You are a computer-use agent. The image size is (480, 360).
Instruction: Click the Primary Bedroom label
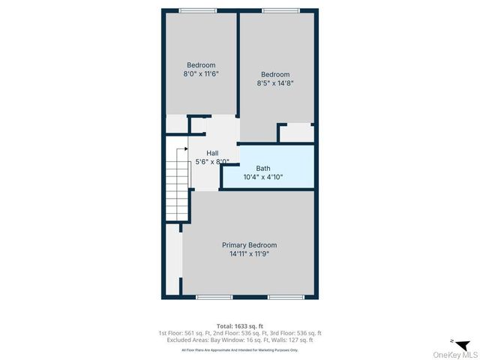tap(249, 245)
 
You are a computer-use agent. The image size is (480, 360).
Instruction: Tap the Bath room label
tap(262, 169)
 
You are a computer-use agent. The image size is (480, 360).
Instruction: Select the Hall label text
tap(212, 153)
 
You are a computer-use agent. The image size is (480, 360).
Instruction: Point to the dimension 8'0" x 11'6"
tap(201, 74)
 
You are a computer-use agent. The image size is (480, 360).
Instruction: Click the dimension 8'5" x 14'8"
tap(275, 83)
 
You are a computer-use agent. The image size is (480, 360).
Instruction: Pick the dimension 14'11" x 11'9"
tap(249, 254)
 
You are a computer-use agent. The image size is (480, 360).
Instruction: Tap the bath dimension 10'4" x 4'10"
tap(262, 178)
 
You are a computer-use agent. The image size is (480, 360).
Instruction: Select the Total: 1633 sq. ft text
tap(239, 325)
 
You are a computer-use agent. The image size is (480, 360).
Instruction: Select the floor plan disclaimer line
tap(239, 350)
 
